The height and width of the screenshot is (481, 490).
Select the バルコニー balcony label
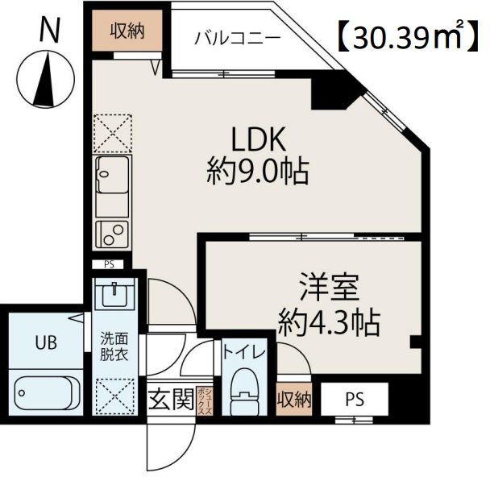pos(226,38)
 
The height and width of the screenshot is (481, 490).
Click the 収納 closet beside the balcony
pos(127,31)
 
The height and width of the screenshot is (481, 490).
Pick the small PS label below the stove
pos(109,264)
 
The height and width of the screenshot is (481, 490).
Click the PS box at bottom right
pos(354,398)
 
